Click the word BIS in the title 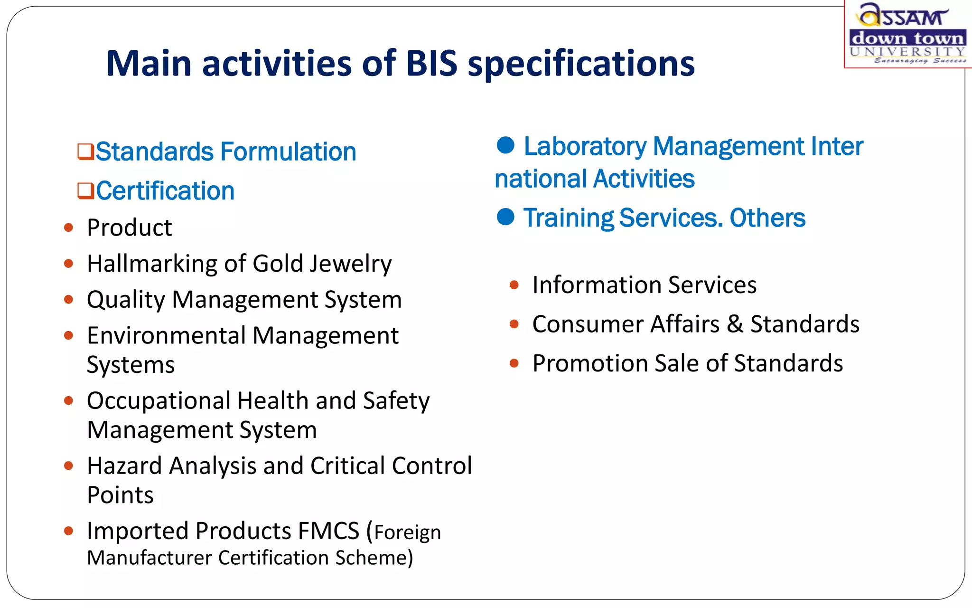tap(431, 63)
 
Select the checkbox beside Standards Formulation tap(85, 152)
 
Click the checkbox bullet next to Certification tap(85, 191)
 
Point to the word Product tap(129, 228)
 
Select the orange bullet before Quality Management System tap(69, 300)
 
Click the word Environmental tap(166, 336)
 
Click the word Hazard tap(124, 466)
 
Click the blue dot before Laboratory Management tap(505, 145)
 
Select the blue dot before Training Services tap(505, 217)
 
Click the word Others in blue tap(767, 218)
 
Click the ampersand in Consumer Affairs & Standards tap(735, 324)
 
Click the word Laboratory tap(585, 146)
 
